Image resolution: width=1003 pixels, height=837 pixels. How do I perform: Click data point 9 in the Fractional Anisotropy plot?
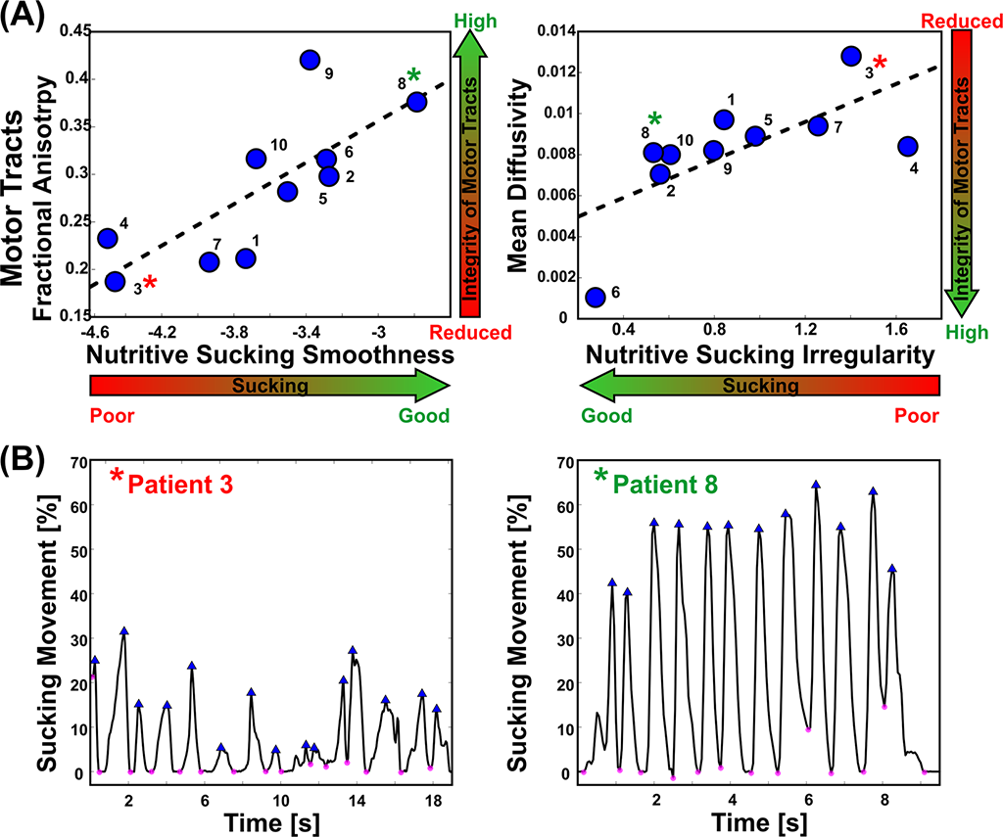310,60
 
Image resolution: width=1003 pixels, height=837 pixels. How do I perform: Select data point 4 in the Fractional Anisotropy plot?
108,238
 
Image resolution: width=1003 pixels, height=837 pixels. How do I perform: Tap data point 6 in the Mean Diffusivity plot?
595,297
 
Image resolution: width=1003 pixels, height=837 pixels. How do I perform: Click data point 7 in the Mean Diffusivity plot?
818,124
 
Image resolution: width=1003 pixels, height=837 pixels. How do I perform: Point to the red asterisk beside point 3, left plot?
149,285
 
